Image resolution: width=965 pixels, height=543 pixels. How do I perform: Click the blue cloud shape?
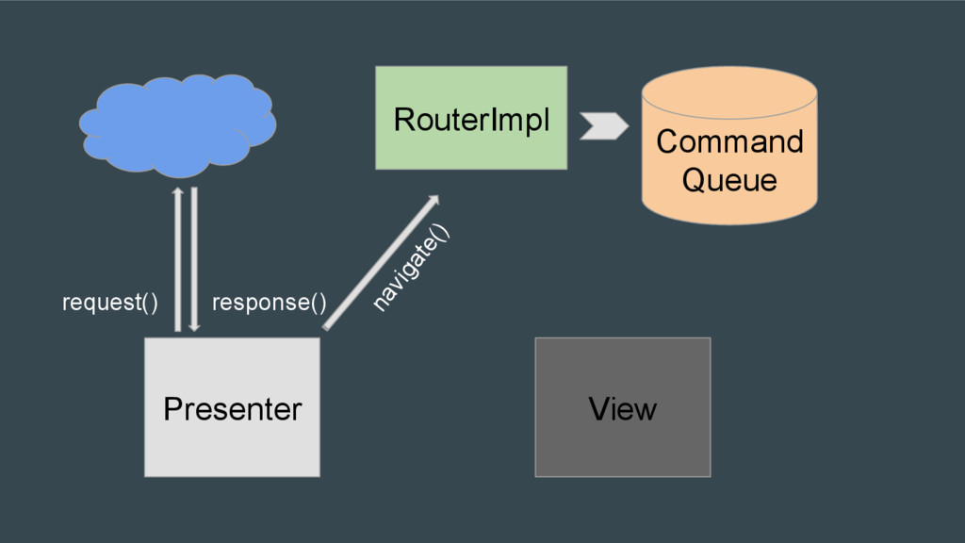tap(177, 125)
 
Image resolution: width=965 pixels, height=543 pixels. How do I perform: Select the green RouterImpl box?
tap(471, 118)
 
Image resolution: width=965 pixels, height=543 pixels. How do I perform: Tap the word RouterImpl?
tap(471, 120)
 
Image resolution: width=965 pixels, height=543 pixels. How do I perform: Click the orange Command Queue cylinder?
tap(729, 145)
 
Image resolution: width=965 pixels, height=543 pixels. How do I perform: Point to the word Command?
tap(729, 141)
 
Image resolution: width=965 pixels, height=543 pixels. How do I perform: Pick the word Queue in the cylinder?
tap(729, 180)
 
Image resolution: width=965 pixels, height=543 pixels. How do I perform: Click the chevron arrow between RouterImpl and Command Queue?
tap(604, 126)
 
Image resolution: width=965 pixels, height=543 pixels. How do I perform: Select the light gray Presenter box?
tap(232, 407)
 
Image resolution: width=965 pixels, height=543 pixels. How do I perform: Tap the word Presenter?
tap(233, 409)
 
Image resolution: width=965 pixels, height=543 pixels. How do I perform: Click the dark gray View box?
tap(623, 407)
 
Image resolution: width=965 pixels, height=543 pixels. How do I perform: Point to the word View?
tap(623, 409)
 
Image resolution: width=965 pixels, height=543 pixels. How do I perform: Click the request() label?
tap(110, 303)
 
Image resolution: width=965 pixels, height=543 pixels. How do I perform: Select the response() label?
tap(269, 303)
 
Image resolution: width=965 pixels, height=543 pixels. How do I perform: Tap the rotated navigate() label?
tap(411, 268)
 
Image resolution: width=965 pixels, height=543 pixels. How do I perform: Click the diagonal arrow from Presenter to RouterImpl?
tap(382, 262)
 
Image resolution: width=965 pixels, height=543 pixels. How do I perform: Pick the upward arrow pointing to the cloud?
tap(178, 259)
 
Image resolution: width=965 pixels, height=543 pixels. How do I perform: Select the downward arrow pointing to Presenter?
tap(194, 259)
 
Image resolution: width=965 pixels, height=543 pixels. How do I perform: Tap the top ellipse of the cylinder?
tap(729, 92)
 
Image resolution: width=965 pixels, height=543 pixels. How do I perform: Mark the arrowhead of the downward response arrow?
tap(194, 327)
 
